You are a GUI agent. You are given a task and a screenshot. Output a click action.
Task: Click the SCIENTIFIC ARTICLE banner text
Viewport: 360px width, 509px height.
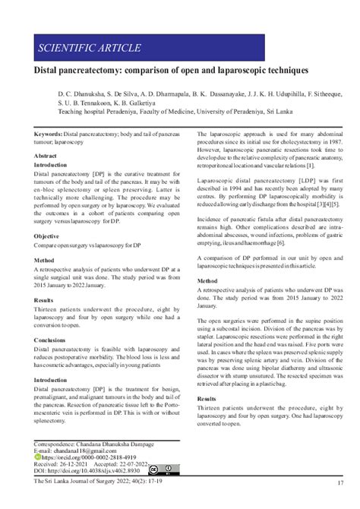click(90, 49)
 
